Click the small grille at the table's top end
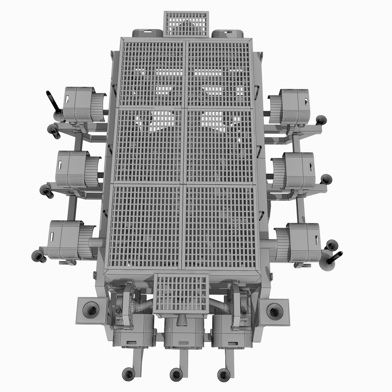coord(187,24)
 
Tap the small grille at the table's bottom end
coord(181,293)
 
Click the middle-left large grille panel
coord(149,145)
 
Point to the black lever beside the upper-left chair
coord(53,102)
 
